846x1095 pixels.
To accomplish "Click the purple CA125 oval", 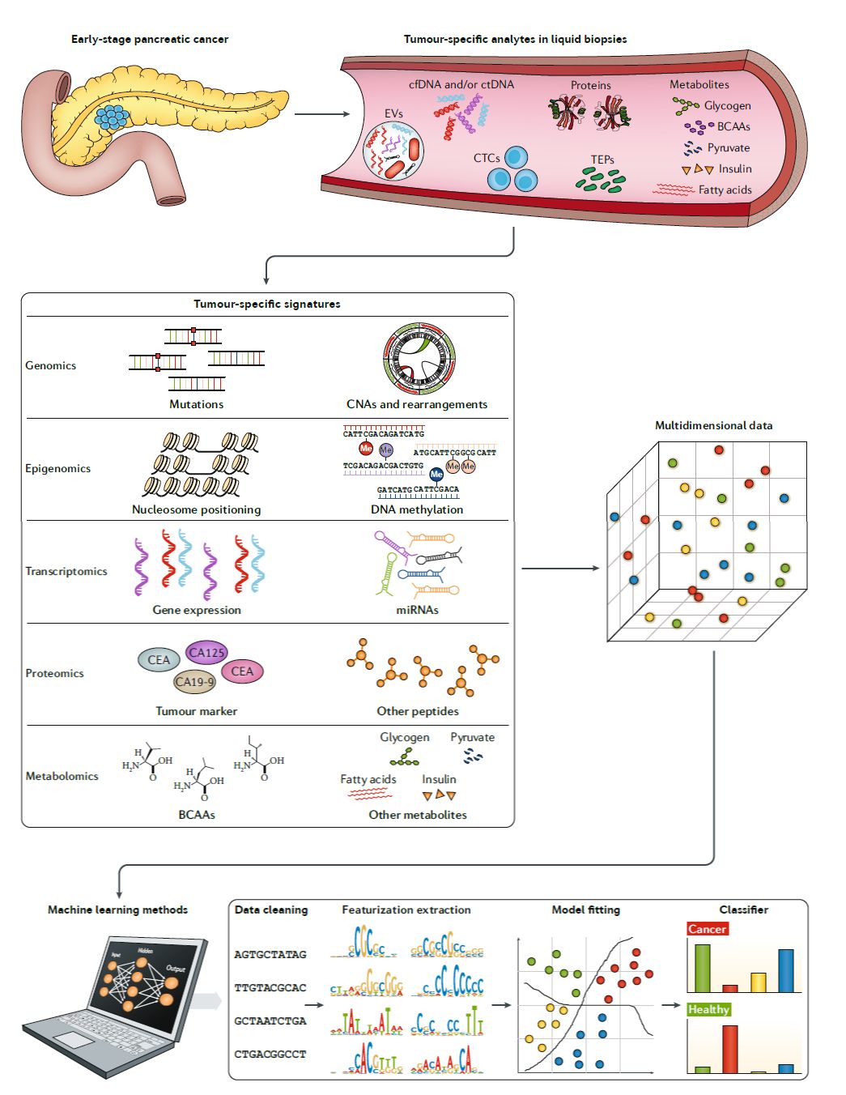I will pyautogui.click(x=206, y=653).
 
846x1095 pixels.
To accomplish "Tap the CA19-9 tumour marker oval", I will pyautogui.click(x=195, y=682).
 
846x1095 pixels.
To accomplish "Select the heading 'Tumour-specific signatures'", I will pyautogui.click(x=267, y=305).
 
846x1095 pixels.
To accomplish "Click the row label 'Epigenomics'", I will pyautogui.click(x=57, y=469).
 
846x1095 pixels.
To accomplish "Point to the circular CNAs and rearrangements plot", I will pyautogui.click(x=419, y=360).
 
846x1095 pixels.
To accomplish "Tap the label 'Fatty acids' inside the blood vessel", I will pyautogui.click(x=725, y=190).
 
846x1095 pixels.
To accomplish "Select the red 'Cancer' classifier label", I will pyautogui.click(x=707, y=929).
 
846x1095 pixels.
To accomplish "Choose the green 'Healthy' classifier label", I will pyautogui.click(x=708, y=1009).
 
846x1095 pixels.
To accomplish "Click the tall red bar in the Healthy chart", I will pyautogui.click(x=729, y=1049).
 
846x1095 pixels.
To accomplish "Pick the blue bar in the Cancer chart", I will pyautogui.click(x=785, y=970).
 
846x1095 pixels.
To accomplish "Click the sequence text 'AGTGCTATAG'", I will pyautogui.click(x=270, y=955).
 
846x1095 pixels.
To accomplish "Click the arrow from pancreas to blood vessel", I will pyautogui.click(x=321, y=114).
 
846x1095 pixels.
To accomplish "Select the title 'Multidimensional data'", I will pyautogui.click(x=713, y=426).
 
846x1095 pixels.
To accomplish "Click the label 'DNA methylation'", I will pyautogui.click(x=417, y=510).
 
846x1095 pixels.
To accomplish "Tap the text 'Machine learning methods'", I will pyautogui.click(x=117, y=910).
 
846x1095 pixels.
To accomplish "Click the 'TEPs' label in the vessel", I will pyautogui.click(x=602, y=160).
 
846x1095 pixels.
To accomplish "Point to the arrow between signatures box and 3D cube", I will pyautogui.click(x=559, y=569).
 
